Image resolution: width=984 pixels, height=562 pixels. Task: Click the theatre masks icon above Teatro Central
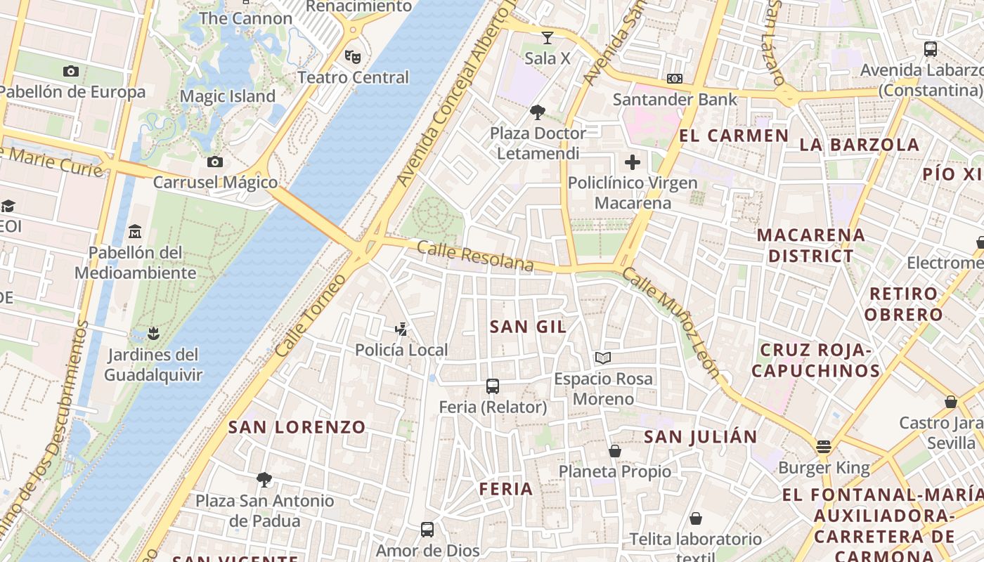(x=352, y=56)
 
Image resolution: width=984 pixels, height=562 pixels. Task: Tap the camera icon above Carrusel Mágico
(x=215, y=162)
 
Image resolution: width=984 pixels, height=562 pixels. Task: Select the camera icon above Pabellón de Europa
(x=70, y=71)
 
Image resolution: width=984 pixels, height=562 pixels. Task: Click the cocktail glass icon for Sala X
(x=548, y=38)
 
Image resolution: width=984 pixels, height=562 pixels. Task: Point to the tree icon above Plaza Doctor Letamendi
(x=538, y=112)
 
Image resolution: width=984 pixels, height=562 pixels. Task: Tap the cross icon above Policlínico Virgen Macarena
(x=633, y=162)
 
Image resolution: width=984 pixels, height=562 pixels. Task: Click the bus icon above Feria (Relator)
(x=493, y=386)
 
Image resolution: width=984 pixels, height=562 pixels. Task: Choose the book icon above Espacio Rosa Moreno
(x=602, y=358)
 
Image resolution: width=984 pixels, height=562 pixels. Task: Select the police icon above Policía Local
(x=401, y=328)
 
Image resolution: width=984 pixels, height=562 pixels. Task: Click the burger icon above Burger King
(x=824, y=447)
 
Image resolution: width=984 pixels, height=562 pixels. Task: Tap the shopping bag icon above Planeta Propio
(x=615, y=451)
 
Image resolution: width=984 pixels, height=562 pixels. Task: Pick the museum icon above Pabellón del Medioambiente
(x=135, y=231)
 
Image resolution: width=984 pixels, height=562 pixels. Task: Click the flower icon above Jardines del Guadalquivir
(x=153, y=333)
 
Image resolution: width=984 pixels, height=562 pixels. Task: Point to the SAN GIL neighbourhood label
(x=528, y=327)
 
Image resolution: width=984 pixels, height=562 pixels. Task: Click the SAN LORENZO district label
(x=297, y=427)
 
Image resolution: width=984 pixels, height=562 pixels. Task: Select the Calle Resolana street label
(x=475, y=256)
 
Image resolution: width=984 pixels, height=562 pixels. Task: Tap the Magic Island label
(x=228, y=96)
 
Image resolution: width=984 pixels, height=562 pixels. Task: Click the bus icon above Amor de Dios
(x=427, y=530)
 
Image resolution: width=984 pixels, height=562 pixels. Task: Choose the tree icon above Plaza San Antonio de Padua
(x=264, y=480)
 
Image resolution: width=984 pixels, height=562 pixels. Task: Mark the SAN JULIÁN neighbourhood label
(x=701, y=437)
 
